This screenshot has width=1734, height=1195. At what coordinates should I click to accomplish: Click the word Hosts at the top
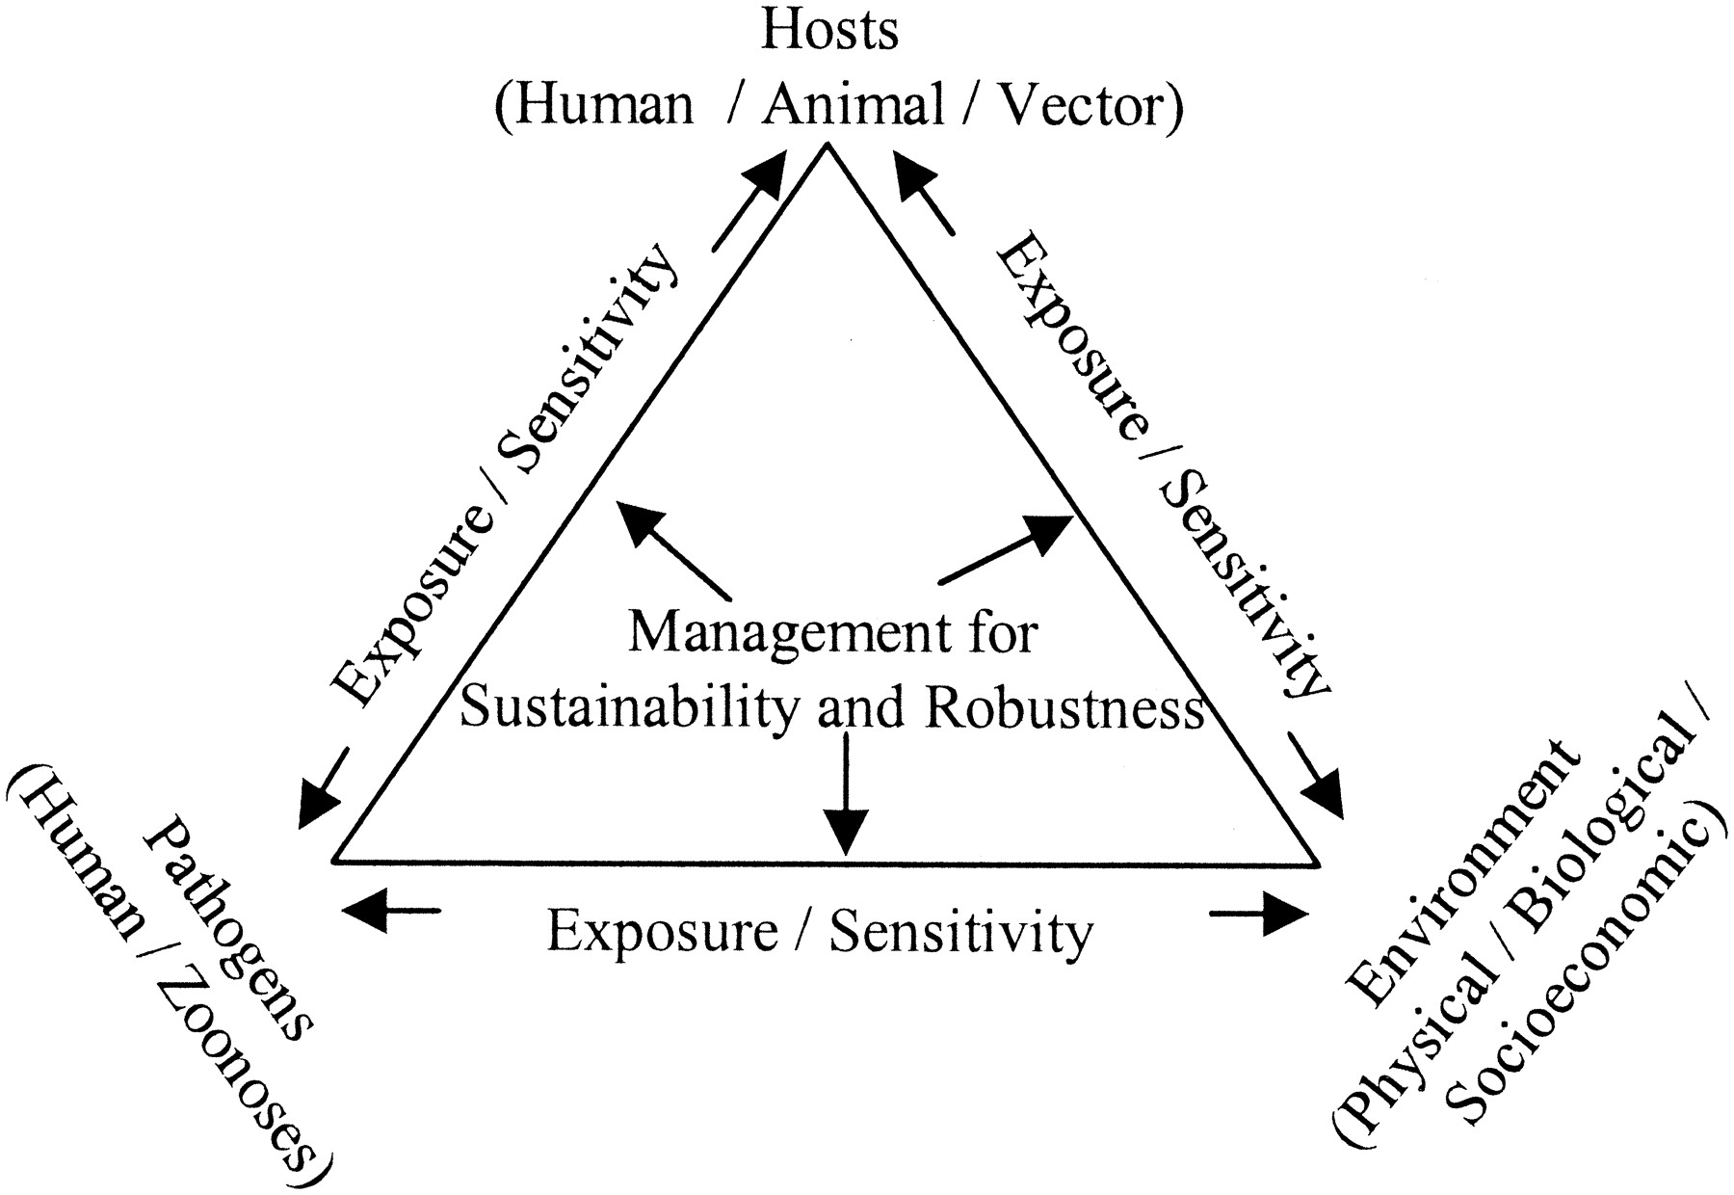tap(829, 31)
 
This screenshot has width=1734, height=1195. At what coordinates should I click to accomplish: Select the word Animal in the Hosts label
tap(854, 104)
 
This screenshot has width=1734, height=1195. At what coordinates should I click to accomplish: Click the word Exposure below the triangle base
tap(662, 933)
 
